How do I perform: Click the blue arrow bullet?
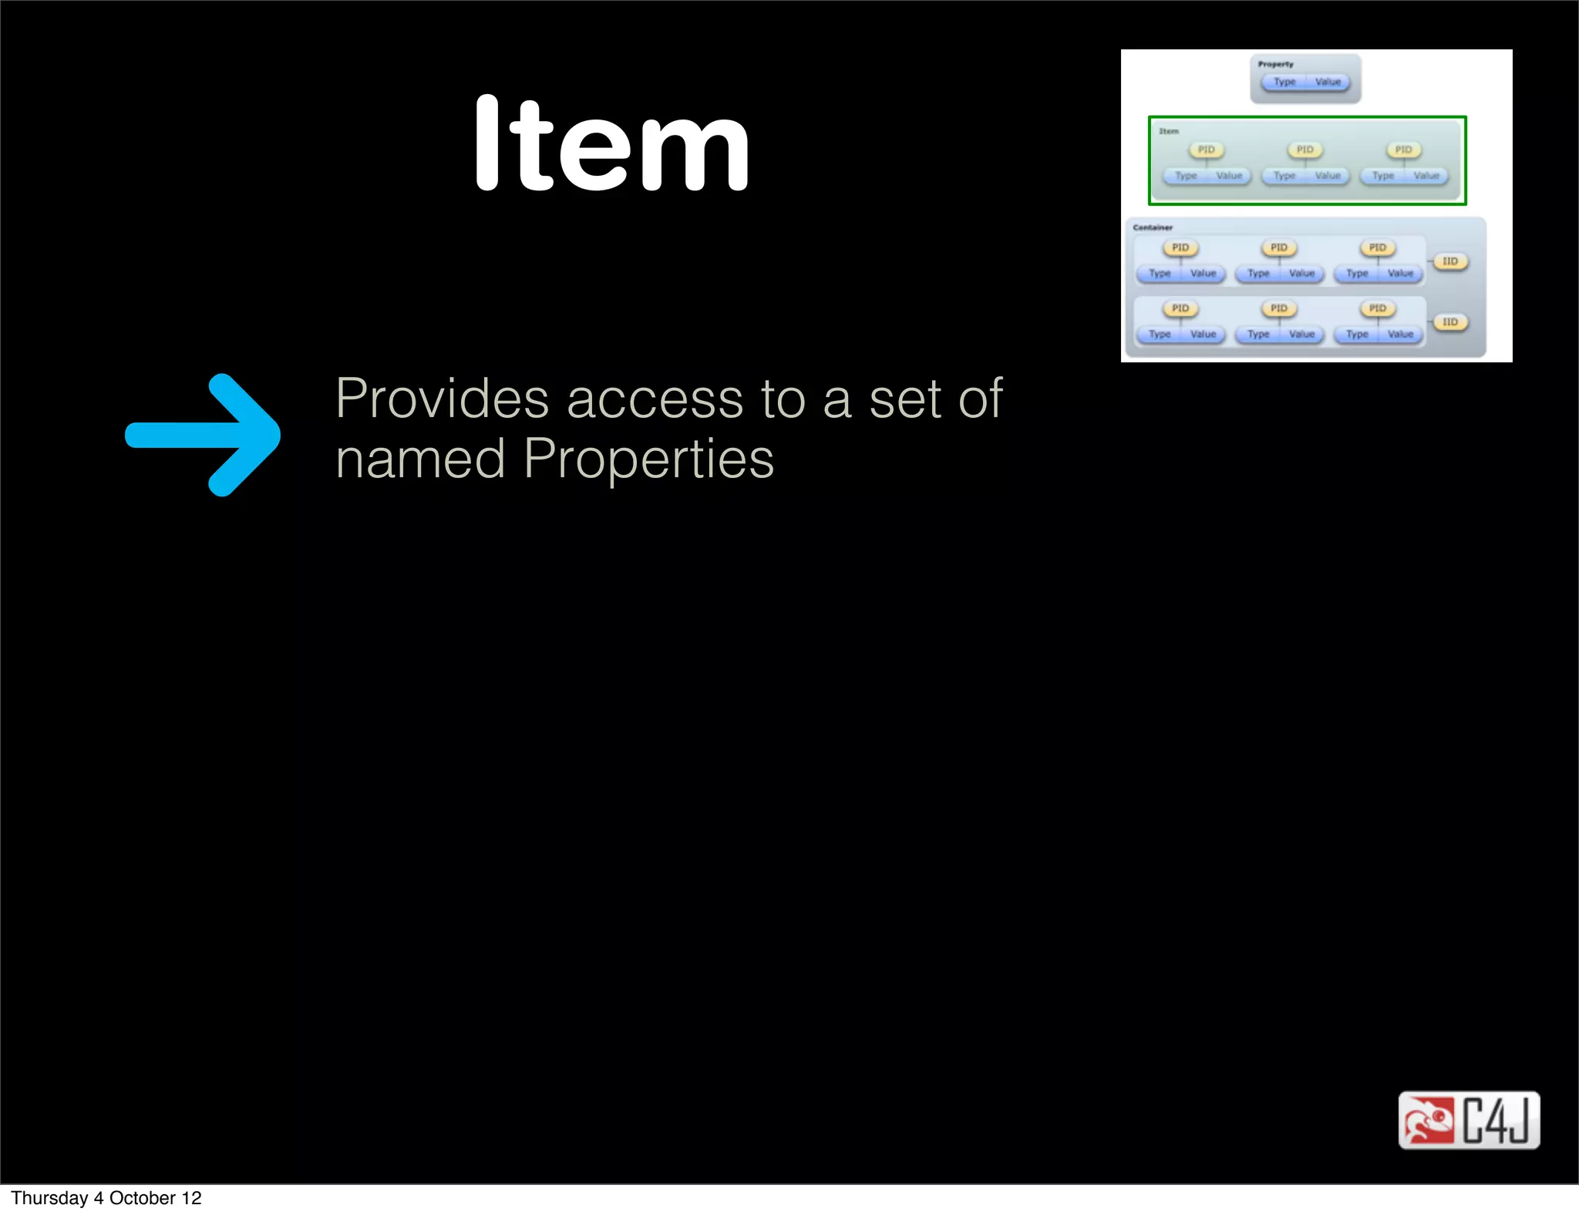[x=204, y=435]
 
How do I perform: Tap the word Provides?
[x=442, y=399]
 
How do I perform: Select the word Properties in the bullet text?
[x=648, y=459]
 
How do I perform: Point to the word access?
[x=655, y=400]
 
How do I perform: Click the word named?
[x=420, y=459]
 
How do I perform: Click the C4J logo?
[x=1469, y=1119]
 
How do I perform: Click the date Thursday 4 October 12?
[x=106, y=1198]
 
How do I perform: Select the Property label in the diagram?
[x=1275, y=64]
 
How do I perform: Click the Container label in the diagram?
[x=1153, y=227]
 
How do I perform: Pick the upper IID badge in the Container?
[x=1450, y=261]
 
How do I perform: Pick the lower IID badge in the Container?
[x=1450, y=322]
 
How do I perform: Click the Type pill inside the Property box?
[x=1284, y=82]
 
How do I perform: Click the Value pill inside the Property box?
[x=1328, y=82]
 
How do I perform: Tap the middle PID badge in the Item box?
[x=1305, y=150]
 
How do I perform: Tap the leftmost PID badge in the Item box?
[x=1206, y=150]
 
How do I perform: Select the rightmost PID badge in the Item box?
[x=1403, y=150]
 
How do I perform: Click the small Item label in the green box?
[x=1169, y=131]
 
